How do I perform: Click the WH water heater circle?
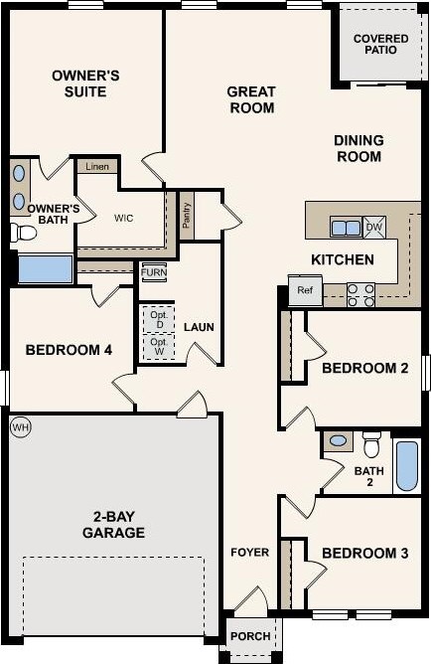pos(20,427)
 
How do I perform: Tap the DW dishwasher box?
pos(374,228)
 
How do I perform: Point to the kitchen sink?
pos(346,228)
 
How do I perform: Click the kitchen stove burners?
pos(361,292)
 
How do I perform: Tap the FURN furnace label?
pos(153,271)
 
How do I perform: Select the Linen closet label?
pos(97,166)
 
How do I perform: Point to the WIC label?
pos(124,218)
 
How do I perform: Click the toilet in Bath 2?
pos(371,441)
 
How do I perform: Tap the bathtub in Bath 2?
pos(407,465)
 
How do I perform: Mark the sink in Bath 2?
pos(338,439)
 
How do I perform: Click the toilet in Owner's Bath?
pos(23,234)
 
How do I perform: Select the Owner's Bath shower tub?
pos(45,269)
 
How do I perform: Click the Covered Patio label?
pos(380,46)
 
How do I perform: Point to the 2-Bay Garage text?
pos(113,525)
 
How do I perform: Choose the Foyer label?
pos(249,553)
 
